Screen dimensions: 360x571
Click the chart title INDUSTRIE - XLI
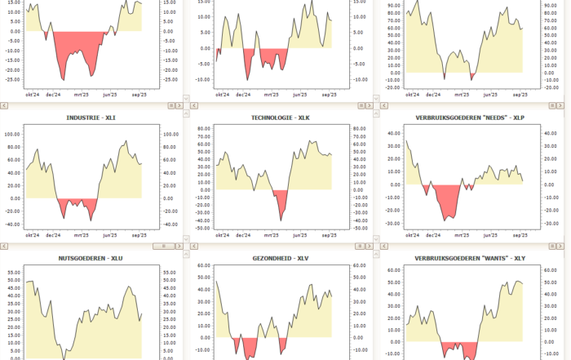pos(91,118)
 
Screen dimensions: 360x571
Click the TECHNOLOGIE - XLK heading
pos(281,118)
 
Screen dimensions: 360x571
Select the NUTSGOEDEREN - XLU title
pos(91,259)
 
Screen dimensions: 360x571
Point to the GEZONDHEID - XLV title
pos(281,259)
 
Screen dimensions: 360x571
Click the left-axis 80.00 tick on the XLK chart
pos(202,129)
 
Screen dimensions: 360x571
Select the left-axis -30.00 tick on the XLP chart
pos(392,223)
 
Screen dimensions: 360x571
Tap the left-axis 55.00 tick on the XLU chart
pos(12,272)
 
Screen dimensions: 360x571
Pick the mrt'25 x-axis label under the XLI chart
pos(81,235)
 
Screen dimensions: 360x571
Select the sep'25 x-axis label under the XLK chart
pos(330,235)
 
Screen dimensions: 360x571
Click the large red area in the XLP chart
pos(446,200)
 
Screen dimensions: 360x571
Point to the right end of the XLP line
pos(522,181)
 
